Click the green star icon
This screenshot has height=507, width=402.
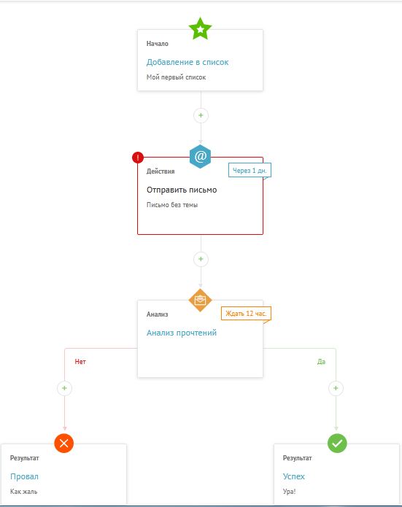(x=200, y=28)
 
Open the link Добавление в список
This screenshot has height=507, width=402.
(x=188, y=62)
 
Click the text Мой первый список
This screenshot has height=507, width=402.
(x=176, y=77)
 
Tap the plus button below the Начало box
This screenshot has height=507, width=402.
(x=201, y=115)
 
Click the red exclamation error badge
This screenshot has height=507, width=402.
(x=138, y=158)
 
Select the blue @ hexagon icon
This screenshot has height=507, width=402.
(x=201, y=157)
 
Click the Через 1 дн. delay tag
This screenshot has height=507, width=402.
(x=250, y=171)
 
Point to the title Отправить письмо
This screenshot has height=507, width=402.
(x=182, y=190)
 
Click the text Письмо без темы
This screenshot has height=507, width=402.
(x=172, y=205)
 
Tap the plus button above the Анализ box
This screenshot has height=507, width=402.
(x=201, y=259)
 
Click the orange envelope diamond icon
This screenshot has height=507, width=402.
(x=200, y=301)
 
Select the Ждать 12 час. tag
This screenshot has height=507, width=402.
(x=246, y=314)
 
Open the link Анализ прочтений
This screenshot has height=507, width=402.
(x=182, y=333)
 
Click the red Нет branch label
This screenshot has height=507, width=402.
(x=80, y=362)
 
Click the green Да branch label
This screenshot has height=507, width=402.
(x=321, y=362)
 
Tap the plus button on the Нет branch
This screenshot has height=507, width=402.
(x=64, y=388)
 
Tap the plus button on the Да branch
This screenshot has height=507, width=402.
(x=336, y=388)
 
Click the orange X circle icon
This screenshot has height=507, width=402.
(x=64, y=443)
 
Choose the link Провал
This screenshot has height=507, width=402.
(x=24, y=476)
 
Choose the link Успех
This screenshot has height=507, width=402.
(x=294, y=476)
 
